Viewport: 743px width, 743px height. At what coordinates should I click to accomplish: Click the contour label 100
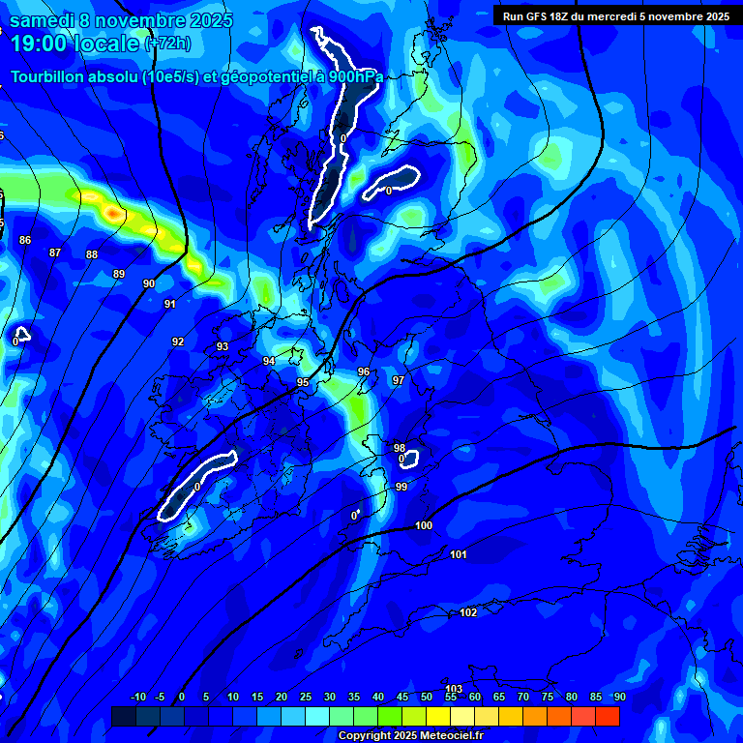424,525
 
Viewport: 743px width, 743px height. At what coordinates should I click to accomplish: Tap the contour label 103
454,689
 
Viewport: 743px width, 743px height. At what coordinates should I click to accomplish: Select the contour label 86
25,240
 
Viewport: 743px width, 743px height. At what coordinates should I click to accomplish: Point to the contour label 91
170,304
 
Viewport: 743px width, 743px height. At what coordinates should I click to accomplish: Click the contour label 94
269,361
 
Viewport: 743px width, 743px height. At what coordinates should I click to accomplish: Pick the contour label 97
398,380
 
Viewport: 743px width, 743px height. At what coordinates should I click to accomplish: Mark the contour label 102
468,612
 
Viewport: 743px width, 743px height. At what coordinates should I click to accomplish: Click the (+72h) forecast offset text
167,44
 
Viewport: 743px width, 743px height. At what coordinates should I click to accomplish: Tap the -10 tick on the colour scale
137,697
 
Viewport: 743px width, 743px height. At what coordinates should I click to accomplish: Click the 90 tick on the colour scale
619,697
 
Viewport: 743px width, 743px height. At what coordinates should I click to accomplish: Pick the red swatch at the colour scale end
608,716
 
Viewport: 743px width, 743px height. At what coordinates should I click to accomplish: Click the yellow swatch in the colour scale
438,716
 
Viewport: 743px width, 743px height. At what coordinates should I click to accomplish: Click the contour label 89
119,274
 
